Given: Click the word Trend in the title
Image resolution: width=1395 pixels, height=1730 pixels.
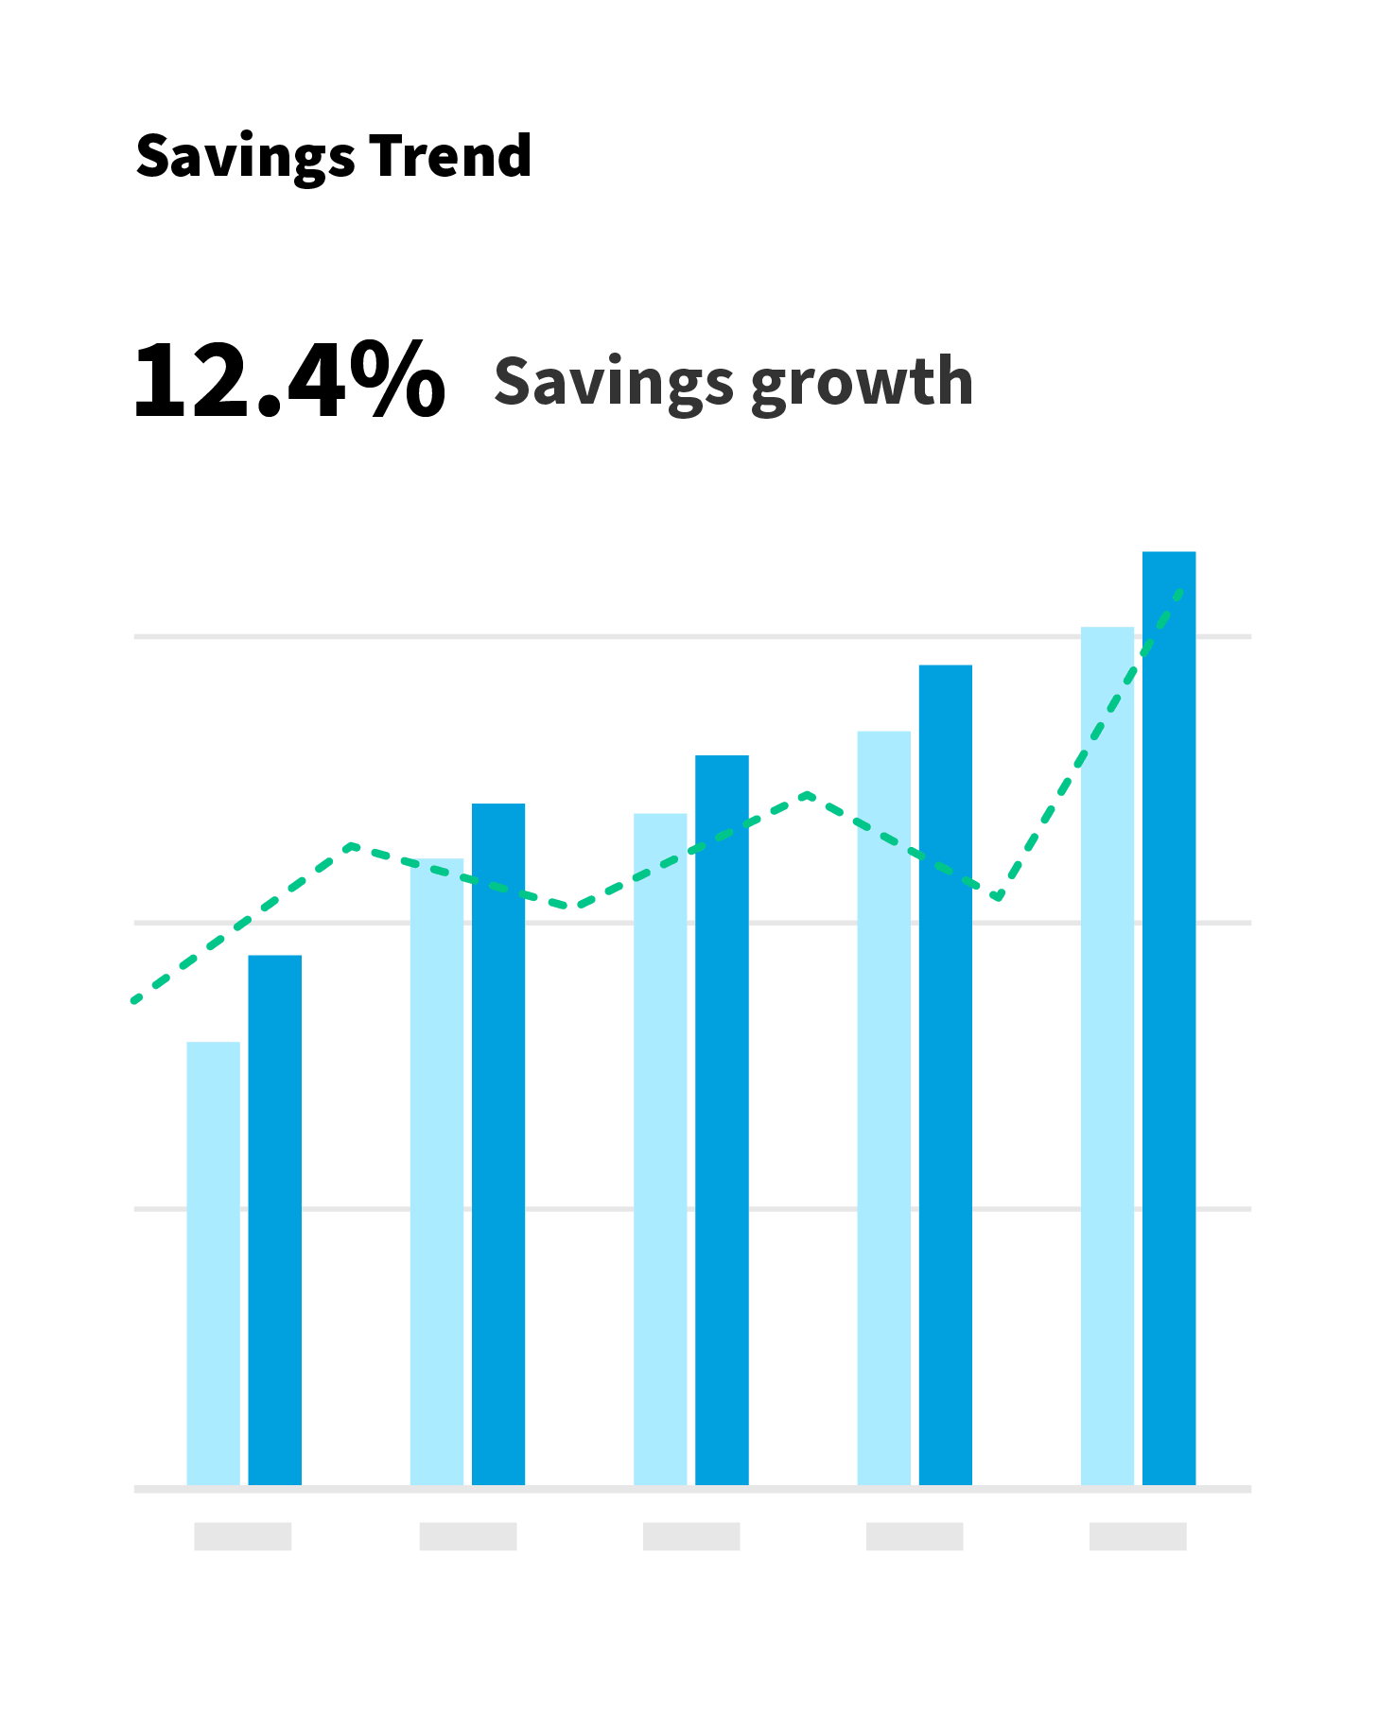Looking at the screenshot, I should pyautogui.click(x=450, y=156).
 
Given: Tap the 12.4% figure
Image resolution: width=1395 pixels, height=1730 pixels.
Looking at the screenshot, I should pyautogui.click(x=288, y=381).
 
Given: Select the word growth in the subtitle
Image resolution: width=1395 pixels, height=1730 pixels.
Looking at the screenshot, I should pyautogui.click(x=862, y=383).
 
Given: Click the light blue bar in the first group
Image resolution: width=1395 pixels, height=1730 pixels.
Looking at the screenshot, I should pyautogui.click(x=213, y=1262).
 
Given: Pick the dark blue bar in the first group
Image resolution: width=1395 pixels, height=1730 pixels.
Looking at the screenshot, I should pyautogui.click(x=275, y=1220).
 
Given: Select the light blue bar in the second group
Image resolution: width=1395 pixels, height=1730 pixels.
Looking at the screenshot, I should pyautogui.click(x=437, y=1172).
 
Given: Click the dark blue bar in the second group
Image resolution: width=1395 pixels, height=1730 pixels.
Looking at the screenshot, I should pyautogui.click(x=498, y=1144).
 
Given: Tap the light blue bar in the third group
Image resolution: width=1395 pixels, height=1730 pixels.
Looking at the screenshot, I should pyautogui.click(x=660, y=1149).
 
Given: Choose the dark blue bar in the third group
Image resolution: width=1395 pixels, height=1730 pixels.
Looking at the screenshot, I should pyautogui.click(x=722, y=1120).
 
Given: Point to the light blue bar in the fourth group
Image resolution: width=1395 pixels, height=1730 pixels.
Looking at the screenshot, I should pyautogui.click(x=883, y=1106).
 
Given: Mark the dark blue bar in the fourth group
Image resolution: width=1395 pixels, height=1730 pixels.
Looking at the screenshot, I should pyautogui.click(x=945, y=1073).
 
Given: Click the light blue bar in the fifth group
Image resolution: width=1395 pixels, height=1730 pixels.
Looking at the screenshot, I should pyautogui.click(x=1107, y=1054).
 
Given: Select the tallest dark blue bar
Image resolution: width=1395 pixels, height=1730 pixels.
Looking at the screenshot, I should pyautogui.click(x=1169, y=1016).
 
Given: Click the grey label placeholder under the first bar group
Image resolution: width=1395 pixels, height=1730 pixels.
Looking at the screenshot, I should pyautogui.click(x=243, y=1535).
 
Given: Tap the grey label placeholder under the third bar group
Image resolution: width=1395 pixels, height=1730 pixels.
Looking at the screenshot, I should pyautogui.click(x=691, y=1535).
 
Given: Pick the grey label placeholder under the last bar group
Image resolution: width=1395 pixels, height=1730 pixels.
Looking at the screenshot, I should pyautogui.click(x=1138, y=1535).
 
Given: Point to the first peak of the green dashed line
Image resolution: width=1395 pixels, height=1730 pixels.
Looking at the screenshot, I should pyautogui.click(x=352, y=845).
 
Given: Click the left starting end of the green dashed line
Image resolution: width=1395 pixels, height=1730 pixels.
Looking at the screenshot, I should pyautogui.click(x=135, y=1000).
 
